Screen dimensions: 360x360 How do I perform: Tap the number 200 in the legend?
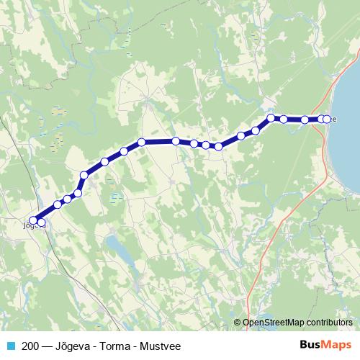tap(30, 346)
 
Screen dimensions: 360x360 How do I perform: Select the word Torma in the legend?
tap(106, 346)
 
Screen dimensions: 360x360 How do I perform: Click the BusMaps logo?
tap(326, 345)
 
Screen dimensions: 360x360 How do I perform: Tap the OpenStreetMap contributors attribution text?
tap(297, 323)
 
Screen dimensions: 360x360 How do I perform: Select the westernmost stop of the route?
tap(33, 220)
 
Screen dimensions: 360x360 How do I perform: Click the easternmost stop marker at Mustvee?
tap(328, 120)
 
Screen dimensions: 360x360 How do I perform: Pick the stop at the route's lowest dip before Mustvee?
tap(218, 147)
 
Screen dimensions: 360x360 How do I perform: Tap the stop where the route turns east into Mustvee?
tap(271, 117)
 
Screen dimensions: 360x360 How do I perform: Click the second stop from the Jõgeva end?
tap(42, 223)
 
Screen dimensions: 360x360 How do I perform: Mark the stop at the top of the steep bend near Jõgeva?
tap(84, 175)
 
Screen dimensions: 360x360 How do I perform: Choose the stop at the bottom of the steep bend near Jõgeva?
tap(78, 193)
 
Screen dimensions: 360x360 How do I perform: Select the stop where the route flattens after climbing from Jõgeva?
tap(142, 142)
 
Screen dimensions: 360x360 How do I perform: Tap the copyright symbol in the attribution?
tap(238, 323)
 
